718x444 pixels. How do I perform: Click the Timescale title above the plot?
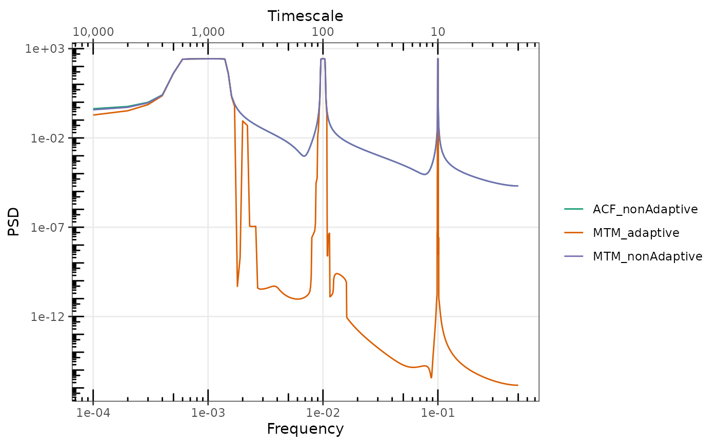305,16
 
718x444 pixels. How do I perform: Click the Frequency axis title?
305,429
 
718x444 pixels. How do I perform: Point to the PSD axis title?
13,221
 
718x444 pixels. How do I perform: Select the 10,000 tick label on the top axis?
93,32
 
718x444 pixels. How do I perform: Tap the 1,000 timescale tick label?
208,32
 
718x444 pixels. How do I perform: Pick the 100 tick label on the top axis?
323,32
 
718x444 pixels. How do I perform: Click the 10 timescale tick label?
438,32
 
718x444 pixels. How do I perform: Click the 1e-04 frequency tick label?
93,413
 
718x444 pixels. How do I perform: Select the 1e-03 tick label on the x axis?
208,413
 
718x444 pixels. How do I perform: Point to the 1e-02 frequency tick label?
323,413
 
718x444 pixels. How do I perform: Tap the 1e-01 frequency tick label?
438,413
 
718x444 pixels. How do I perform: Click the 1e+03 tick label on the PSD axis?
45,49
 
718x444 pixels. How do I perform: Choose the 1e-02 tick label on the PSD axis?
48,138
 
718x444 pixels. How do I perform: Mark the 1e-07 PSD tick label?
48,228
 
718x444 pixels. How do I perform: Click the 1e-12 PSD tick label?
48,316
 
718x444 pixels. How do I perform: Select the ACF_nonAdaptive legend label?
645,209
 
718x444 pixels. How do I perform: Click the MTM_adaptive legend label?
636,233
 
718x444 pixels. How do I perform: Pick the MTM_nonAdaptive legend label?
647,256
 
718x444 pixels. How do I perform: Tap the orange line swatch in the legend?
574,233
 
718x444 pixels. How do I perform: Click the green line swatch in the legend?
574,209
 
